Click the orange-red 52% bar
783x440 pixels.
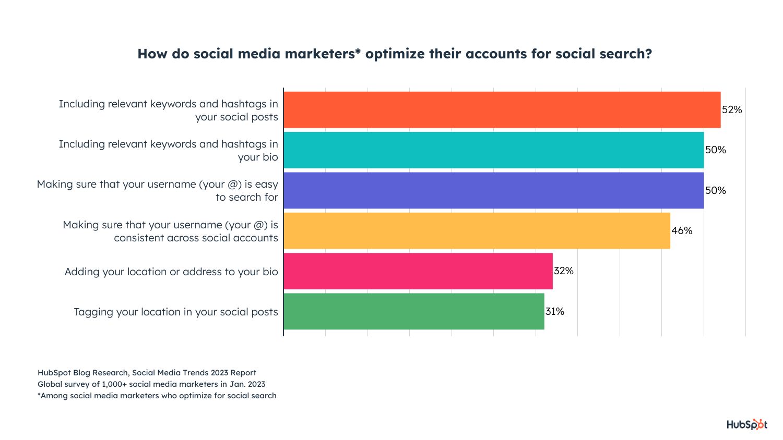click(502, 110)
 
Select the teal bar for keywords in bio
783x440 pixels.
click(493, 150)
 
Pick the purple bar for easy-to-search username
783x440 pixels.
click(493, 191)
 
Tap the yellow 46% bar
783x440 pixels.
click(477, 230)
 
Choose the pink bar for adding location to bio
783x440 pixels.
click(418, 271)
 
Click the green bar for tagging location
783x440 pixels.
click(413, 311)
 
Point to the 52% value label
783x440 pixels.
click(732, 110)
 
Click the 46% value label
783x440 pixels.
click(682, 230)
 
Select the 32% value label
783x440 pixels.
click(564, 271)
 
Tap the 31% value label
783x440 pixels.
click(555, 311)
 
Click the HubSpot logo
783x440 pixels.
click(747, 424)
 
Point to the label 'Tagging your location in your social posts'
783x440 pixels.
click(176, 312)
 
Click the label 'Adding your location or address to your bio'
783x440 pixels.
click(171, 272)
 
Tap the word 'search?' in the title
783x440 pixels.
click(626, 54)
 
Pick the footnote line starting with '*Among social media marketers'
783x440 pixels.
click(157, 396)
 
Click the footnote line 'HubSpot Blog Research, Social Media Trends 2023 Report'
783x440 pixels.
click(147, 373)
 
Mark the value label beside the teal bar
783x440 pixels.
click(715, 150)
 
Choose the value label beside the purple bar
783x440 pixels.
click(715, 191)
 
